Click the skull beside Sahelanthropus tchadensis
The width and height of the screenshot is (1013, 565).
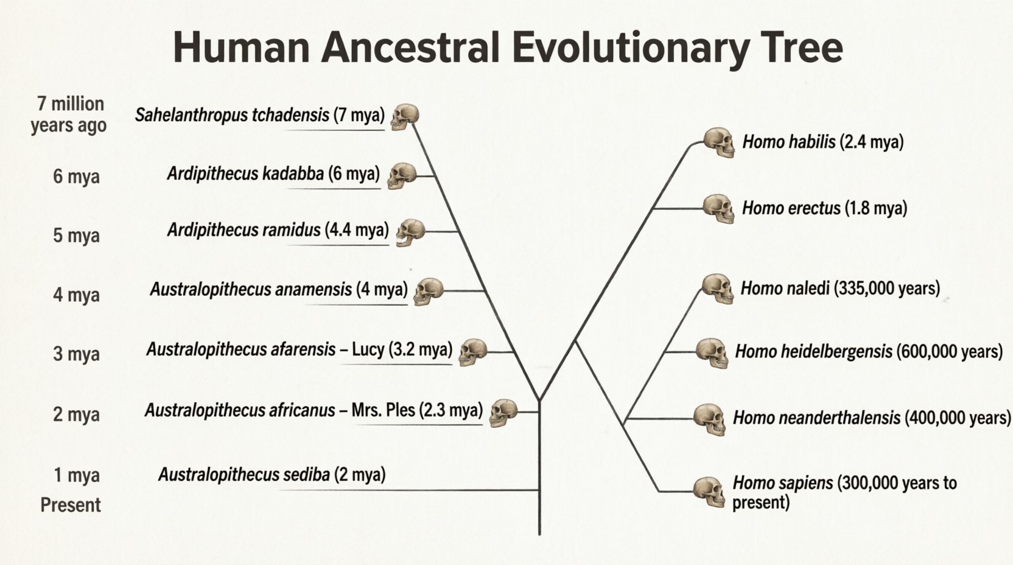click(x=405, y=117)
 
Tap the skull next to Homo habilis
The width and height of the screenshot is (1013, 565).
click(x=719, y=142)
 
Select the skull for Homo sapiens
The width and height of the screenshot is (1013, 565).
click(x=709, y=492)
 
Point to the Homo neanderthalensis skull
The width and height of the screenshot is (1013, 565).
click(x=710, y=419)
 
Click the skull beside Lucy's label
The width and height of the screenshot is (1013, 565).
click(x=473, y=352)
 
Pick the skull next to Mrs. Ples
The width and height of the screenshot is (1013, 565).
click(x=503, y=413)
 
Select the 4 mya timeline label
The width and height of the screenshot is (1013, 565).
click(x=76, y=295)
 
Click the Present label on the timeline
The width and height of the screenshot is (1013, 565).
click(x=71, y=505)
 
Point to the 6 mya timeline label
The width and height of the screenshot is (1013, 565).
click(x=76, y=176)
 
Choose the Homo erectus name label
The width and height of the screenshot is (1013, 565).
click(x=791, y=208)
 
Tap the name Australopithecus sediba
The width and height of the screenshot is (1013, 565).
click(x=244, y=474)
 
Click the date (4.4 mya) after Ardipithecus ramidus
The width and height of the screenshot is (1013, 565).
click(x=357, y=230)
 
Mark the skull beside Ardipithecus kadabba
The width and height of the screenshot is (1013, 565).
click(x=402, y=176)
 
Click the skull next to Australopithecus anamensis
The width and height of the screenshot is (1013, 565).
click(x=428, y=291)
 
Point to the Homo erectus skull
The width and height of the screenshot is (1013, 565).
click(x=719, y=209)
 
